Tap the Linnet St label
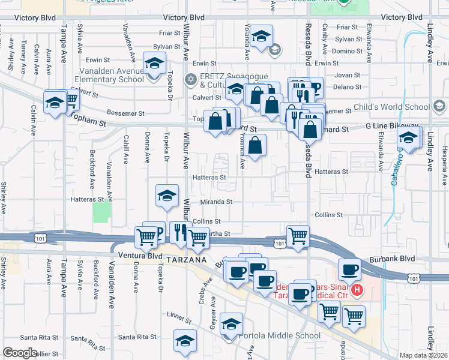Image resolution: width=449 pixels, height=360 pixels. pyautogui.click(x=178, y=315)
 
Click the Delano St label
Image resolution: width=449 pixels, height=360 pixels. pyautogui.click(x=346, y=86)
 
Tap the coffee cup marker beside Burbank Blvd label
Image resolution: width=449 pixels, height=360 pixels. pyautogui.click(x=349, y=269)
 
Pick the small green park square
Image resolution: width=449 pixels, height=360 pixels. pyautogui.click(x=102, y=211)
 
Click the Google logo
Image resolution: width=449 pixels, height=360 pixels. pyautogui.click(x=20, y=353)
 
